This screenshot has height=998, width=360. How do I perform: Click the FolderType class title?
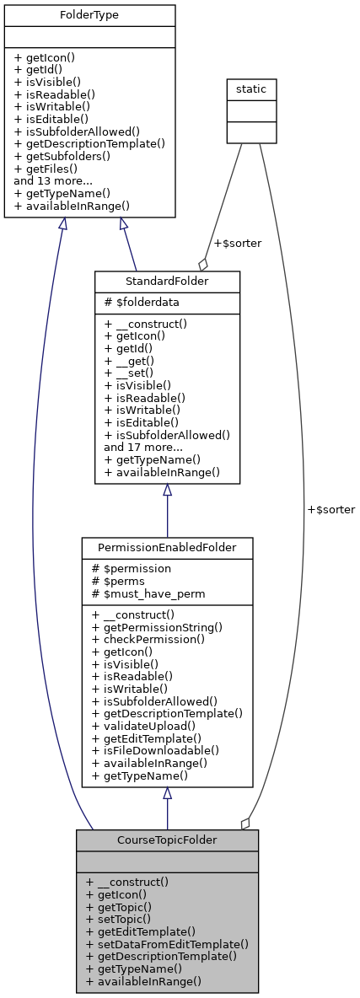click(x=90, y=16)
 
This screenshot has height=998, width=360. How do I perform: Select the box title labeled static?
click(x=251, y=89)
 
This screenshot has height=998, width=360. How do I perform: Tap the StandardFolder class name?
click(x=167, y=282)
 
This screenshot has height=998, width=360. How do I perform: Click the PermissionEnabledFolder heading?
click(x=167, y=548)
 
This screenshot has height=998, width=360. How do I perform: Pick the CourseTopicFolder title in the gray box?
click(x=167, y=840)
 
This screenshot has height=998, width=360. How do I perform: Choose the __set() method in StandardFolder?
click(x=128, y=373)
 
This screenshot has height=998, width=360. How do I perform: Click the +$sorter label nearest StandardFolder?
click(x=237, y=244)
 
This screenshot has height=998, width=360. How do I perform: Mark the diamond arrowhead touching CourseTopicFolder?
click(x=246, y=822)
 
